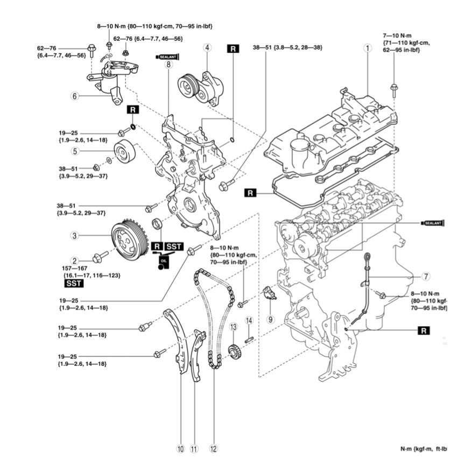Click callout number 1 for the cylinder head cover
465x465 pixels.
(368, 48)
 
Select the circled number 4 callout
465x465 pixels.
(206, 48)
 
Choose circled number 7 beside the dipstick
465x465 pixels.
(426, 277)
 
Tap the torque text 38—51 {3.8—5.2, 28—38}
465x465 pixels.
(287, 48)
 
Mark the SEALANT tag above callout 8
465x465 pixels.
(167, 56)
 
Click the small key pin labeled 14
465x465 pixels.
(249, 339)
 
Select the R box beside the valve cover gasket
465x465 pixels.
(250, 192)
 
